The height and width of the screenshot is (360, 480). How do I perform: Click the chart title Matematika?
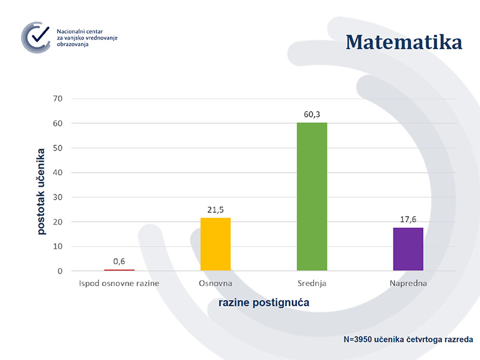404,42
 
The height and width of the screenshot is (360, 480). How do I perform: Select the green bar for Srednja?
312,197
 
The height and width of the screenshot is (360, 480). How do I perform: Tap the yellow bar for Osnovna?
215,244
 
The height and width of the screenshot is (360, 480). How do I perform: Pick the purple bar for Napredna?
408,249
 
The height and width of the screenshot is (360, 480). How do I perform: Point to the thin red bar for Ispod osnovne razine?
119,270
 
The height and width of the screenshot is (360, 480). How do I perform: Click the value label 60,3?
312,115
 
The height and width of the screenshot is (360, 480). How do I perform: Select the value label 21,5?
215,209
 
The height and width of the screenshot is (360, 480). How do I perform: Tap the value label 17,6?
408,219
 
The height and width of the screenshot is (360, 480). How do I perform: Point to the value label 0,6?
119,261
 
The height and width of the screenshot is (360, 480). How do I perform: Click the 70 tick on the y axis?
58,98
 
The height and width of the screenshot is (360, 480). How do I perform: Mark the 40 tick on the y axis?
58,172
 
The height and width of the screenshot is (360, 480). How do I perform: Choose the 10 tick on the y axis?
58,246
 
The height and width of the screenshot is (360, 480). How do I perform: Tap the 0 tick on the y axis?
60,271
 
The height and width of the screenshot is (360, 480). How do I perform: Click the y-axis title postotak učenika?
41,191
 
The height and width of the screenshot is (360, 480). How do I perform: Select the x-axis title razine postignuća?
264,302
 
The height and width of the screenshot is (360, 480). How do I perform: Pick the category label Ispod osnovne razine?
119,283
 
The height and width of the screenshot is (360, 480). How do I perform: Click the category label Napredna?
408,283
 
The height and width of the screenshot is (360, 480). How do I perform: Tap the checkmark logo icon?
36,37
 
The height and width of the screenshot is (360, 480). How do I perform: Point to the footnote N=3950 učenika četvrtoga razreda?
408,339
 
